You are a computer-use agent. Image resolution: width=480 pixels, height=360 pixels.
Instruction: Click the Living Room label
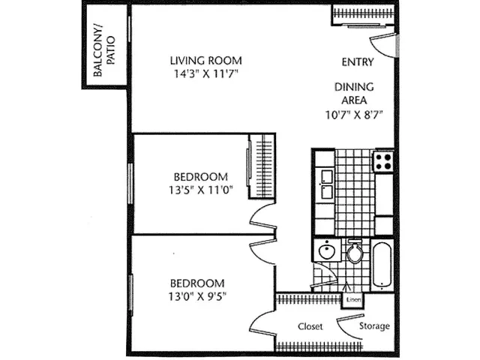tap(205, 61)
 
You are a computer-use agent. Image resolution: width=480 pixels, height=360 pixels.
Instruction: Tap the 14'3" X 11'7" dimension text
tap(205, 73)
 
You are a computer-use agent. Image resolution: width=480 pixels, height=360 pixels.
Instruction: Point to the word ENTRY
tap(358, 61)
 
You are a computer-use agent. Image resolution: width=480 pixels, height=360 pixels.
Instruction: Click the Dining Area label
tap(354, 94)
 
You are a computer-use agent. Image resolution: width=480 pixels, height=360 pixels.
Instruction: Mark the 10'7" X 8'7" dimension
tap(354, 115)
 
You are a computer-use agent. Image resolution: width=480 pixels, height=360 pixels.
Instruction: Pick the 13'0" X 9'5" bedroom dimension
tap(197, 295)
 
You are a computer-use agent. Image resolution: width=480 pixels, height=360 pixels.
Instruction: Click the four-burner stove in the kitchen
tap(384, 160)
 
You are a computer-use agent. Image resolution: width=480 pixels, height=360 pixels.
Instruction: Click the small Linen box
tap(352, 301)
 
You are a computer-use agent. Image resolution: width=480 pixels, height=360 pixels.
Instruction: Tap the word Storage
tap(373, 326)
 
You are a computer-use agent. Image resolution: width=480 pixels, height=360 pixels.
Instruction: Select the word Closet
tap(310, 327)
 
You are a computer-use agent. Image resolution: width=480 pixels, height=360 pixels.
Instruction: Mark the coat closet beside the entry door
tap(363, 13)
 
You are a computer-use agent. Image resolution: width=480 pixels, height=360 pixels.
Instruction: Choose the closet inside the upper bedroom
tap(260, 166)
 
